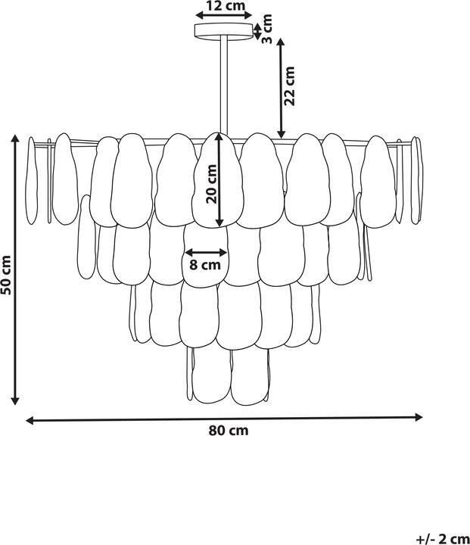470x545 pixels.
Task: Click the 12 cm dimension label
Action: tap(226, 5)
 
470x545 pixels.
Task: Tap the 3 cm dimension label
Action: tap(266, 29)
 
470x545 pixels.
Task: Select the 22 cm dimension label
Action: tap(289, 86)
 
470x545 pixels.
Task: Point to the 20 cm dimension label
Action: tap(211, 184)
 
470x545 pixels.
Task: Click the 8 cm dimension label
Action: tap(205, 265)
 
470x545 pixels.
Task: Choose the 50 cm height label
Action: tap(6, 275)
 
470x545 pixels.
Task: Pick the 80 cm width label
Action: tap(229, 431)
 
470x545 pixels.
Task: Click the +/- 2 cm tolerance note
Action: tap(443, 539)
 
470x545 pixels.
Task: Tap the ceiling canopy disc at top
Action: tap(224, 30)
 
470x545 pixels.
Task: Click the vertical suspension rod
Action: tap(224, 85)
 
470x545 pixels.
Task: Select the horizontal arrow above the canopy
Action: tap(223, 15)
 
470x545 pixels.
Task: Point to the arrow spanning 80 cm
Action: tap(224, 419)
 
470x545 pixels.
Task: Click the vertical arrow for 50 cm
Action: tap(15, 269)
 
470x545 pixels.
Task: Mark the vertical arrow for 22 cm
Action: tap(282, 89)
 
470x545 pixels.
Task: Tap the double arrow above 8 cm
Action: tap(206, 253)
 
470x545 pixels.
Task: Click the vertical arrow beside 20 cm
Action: tap(219, 180)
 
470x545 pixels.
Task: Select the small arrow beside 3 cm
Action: tap(257, 32)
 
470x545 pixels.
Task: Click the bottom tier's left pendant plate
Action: tap(211, 375)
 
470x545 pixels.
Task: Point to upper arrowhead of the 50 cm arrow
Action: tap(15, 138)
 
